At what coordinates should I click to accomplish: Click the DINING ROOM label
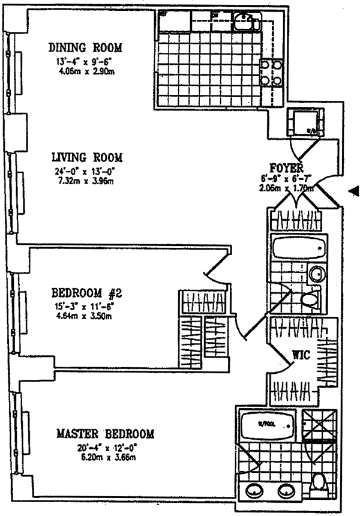pos(86,47)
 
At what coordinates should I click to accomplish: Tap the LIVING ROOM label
pos(86,158)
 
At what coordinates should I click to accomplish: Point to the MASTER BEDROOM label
pos(105,433)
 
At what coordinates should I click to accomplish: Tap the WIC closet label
pos(301,356)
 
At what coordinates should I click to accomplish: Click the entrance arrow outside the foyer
pos(354,191)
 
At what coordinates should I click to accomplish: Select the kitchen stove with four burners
pos(269,73)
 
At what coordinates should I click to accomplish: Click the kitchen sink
pos(245,23)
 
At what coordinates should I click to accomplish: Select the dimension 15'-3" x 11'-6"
pos(87,306)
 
